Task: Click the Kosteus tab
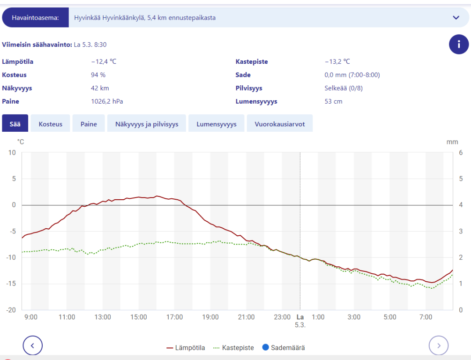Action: pyautogui.click(x=50, y=124)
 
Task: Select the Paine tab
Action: pyautogui.click(x=89, y=124)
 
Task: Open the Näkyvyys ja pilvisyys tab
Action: pyautogui.click(x=147, y=124)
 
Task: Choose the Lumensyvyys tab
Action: pyautogui.click(x=217, y=124)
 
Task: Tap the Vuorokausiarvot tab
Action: pyautogui.click(x=280, y=124)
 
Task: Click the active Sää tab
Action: pyautogui.click(x=15, y=124)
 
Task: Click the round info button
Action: pyautogui.click(x=459, y=45)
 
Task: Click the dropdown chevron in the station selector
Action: pyautogui.click(x=456, y=18)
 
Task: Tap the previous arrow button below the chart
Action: pyautogui.click(x=33, y=346)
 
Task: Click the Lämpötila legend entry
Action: pyautogui.click(x=186, y=348)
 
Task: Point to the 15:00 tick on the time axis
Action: pyautogui.click(x=138, y=317)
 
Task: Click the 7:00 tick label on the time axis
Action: pyautogui.click(x=426, y=317)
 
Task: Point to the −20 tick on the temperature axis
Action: pyautogui.click(x=11, y=310)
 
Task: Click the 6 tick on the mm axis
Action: pyautogui.click(x=461, y=153)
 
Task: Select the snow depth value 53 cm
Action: pyautogui.click(x=333, y=101)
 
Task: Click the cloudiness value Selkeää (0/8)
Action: pyautogui.click(x=344, y=88)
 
